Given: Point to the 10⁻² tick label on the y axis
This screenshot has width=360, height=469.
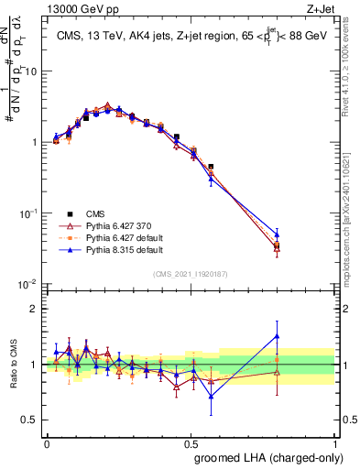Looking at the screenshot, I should (x=29, y=285).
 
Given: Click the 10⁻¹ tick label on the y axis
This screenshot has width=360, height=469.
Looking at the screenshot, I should (x=29, y=213).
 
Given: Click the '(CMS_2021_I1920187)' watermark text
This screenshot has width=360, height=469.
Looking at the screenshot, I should (x=191, y=272).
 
